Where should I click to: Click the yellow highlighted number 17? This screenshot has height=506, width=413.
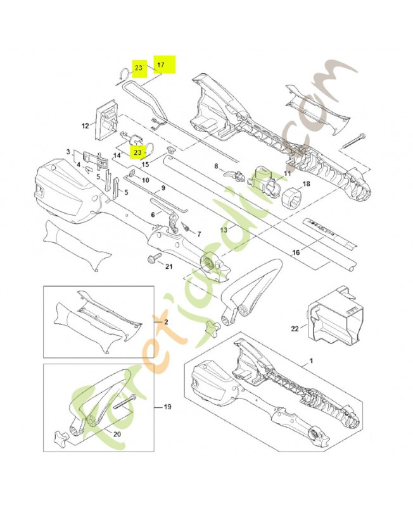161,65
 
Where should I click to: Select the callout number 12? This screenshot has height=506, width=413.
85,126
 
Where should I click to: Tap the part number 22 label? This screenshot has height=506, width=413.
295,328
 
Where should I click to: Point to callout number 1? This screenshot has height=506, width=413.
311,361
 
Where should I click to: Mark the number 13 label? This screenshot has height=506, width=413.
223,230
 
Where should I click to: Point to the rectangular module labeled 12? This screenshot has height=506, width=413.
106,120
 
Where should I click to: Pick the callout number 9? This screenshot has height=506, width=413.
163,188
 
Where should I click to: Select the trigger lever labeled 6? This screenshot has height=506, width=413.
174,221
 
